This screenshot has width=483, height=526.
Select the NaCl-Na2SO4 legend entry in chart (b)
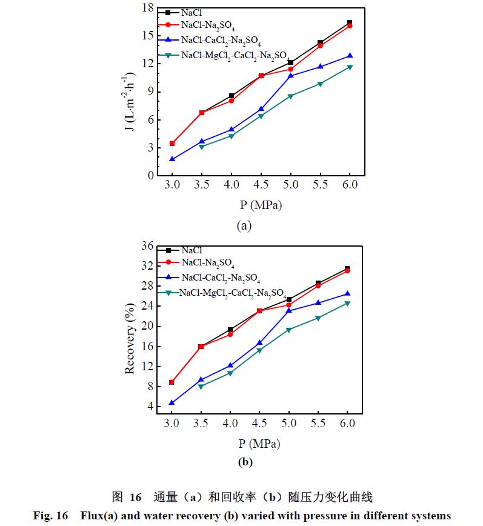click(x=207, y=263)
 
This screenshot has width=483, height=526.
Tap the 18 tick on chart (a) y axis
click(x=148, y=8)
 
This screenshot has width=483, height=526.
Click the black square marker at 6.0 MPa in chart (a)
click(x=350, y=22)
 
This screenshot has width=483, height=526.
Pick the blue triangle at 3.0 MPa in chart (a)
click(x=172, y=159)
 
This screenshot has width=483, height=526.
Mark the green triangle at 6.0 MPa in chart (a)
click(x=350, y=67)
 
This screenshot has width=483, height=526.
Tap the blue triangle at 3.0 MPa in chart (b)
click(x=172, y=402)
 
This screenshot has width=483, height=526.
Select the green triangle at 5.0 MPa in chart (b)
click(x=290, y=330)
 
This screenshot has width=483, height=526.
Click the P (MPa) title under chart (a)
click(x=260, y=205)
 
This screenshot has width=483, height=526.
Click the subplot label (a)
click(x=244, y=227)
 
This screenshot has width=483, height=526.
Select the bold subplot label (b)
click(x=245, y=462)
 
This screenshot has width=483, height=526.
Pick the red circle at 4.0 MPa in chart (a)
click(x=231, y=101)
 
